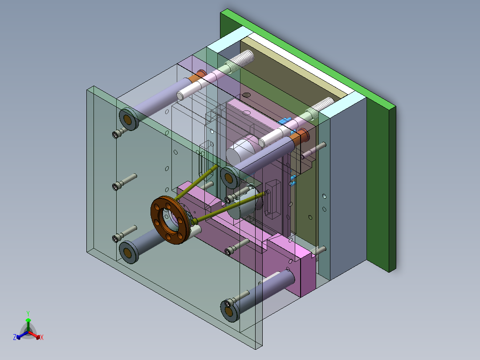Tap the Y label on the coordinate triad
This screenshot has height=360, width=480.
pyautogui.click(x=28, y=313)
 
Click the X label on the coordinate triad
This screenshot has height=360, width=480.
pyautogui.click(x=42, y=338)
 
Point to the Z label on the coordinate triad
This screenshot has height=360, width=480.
pyautogui.click(x=15, y=338)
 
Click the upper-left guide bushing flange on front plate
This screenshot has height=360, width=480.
pyautogui.click(x=128, y=119)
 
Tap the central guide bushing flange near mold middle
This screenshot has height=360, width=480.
pyautogui.click(x=229, y=178)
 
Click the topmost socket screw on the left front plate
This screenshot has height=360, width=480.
pyautogui.click(x=118, y=133)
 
